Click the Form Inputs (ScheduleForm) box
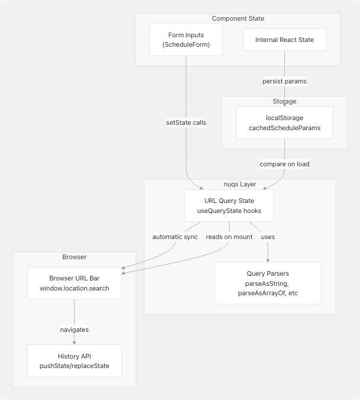tap(186, 40)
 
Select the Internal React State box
tap(284, 40)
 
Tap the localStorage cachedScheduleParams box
tap(284, 123)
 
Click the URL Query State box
tap(229, 205)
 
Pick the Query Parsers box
tap(268, 283)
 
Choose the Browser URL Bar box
tap(74, 283)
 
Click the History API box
tap(74, 361)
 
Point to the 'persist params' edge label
tap(284, 81)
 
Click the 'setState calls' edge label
tap(186, 122)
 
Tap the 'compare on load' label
tap(284, 163)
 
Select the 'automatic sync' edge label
tap(175, 237)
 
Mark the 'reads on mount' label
tap(229, 237)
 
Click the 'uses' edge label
tap(268, 237)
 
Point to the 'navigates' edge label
tap(74, 330)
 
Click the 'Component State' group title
tap(238, 19)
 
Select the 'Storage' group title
tap(284, 102)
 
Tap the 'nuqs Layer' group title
tap(240, 185)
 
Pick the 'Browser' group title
tap(74, 257)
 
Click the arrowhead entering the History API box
tap(74, 343)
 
